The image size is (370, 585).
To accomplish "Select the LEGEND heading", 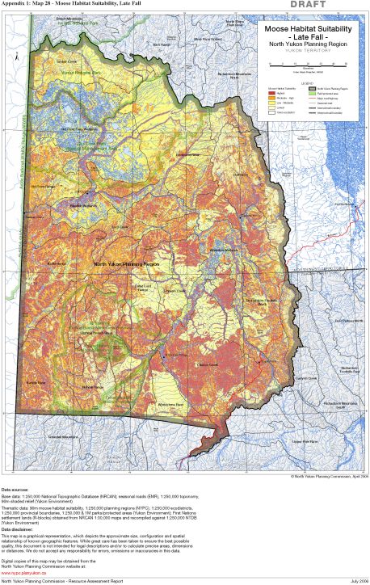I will (306, 81).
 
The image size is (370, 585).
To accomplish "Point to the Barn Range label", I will (162, 44).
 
